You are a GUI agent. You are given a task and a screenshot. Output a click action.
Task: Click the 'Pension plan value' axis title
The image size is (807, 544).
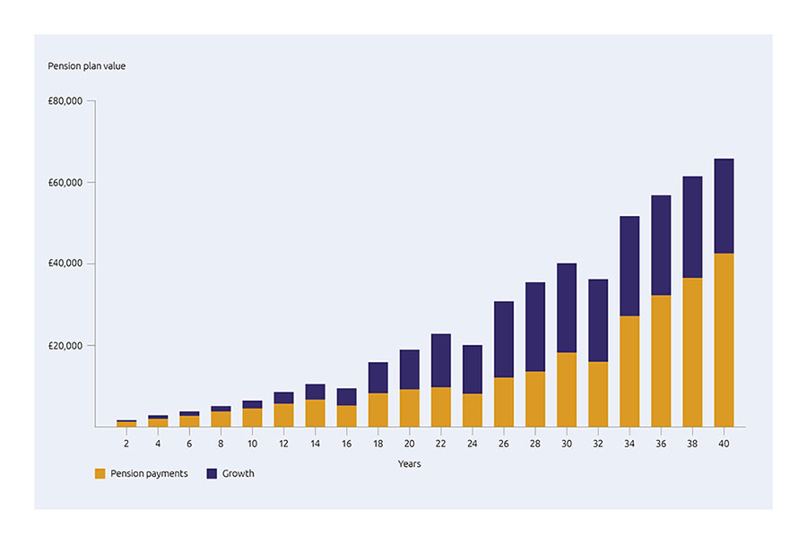(86, 66)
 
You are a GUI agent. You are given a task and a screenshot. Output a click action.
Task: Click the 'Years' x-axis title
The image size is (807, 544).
(409, 464)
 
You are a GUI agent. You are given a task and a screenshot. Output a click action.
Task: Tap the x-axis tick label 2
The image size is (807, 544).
(126, 443)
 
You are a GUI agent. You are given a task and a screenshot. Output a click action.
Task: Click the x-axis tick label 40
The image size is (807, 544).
(724, 443)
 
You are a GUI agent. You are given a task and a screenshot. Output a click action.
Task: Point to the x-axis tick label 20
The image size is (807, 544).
(409, 443)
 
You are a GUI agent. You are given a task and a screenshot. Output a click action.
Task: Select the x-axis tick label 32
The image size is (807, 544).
(598, 443)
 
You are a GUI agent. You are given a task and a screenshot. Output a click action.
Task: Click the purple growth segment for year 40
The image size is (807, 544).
(724, 206)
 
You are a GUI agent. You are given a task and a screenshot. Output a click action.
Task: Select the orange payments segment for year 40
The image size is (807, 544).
(724, 341)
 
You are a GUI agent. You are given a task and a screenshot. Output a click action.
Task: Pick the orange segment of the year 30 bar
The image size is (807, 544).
(567, 390)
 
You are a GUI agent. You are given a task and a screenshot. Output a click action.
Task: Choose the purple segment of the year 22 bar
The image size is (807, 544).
(441, 360)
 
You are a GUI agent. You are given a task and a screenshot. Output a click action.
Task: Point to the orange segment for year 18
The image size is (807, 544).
(377, 410)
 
